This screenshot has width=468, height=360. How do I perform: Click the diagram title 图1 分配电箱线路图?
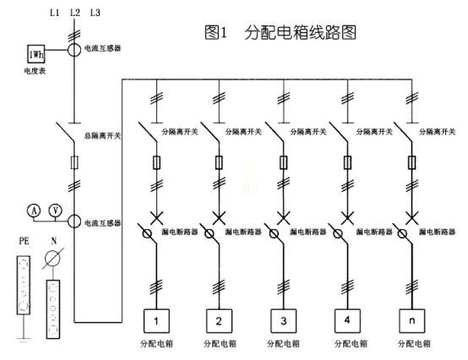click(x=278, y=33)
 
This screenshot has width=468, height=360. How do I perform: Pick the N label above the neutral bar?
click(x=55, y=243)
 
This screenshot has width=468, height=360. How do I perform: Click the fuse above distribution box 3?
click(x=281, y=161)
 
